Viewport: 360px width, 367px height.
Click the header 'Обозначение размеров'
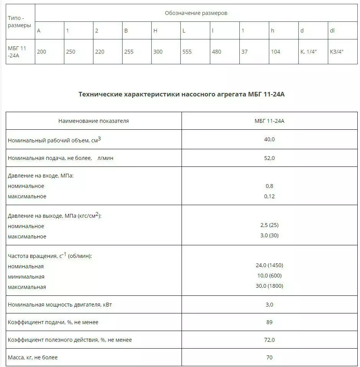196,13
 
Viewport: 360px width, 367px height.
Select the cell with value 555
187,52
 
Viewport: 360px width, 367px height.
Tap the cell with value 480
216,52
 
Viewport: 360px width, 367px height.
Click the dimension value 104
275,52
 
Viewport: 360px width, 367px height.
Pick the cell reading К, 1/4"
308,52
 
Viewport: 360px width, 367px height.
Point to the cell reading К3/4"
337,52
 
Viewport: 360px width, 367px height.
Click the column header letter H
155,31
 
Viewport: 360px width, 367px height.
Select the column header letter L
184,31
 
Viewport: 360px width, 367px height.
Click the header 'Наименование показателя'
93,121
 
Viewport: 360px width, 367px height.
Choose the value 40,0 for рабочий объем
269,139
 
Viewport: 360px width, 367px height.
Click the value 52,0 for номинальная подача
269,158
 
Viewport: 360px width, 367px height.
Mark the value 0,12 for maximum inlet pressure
269,196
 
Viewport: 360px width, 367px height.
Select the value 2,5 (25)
269,225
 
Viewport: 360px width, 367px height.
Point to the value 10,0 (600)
269,276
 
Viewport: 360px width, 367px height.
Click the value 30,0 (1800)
269,286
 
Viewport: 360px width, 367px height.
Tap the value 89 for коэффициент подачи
269,322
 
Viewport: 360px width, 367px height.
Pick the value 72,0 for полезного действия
269,340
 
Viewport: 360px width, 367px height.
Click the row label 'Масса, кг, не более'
33,357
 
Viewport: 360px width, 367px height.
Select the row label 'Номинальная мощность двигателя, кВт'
60,305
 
